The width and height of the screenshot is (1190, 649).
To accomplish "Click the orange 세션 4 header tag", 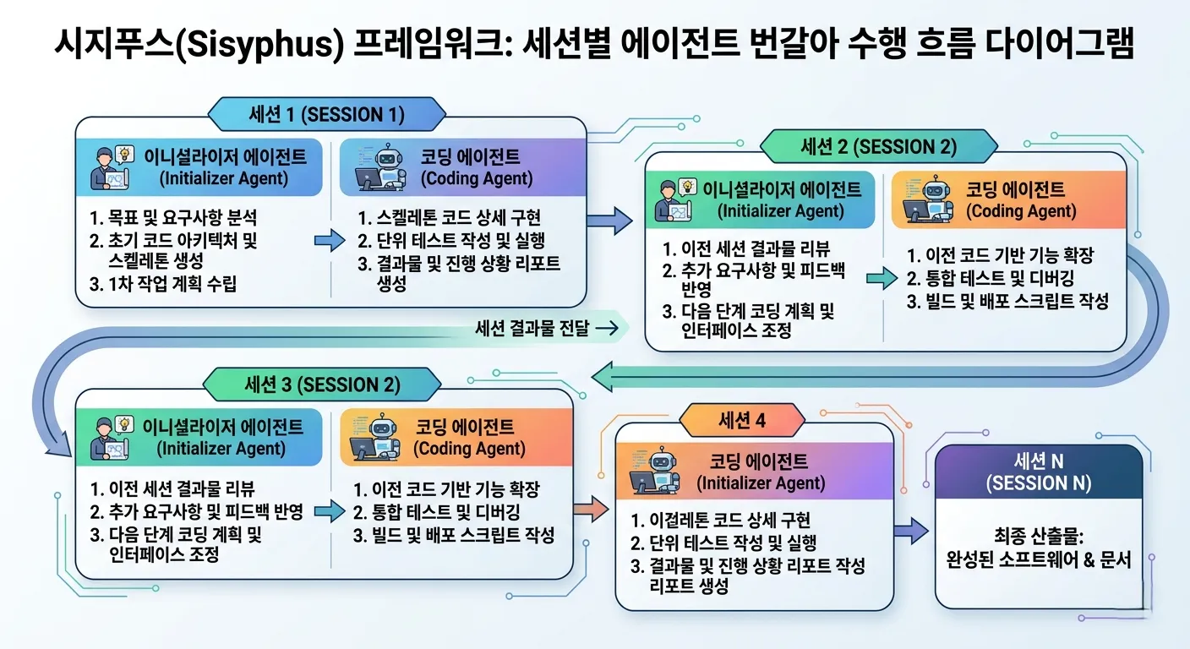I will tap(742, 419).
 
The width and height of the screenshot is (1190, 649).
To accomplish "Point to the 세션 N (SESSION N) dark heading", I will tap(1038, 472).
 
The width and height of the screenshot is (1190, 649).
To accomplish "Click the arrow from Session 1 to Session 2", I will tap(609, 221).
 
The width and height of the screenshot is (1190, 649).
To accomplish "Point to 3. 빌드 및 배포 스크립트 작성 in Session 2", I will tap(1007, 301).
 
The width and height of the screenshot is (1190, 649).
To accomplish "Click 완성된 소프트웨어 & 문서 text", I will tap(1038, 559).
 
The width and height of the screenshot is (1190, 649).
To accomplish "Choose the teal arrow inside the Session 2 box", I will tap(882, 276).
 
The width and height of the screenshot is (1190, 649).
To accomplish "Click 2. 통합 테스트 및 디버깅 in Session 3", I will tap(437, 512).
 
